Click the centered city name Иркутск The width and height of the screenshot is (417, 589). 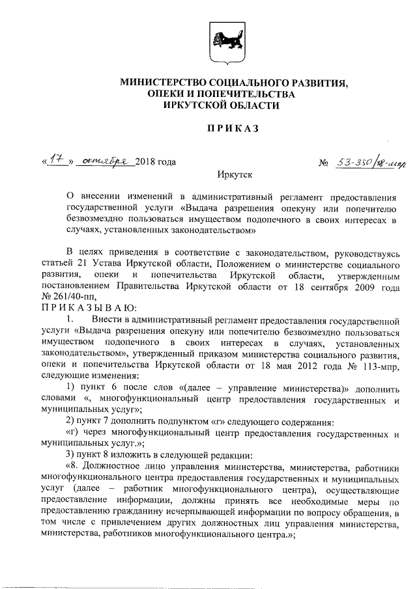233,175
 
